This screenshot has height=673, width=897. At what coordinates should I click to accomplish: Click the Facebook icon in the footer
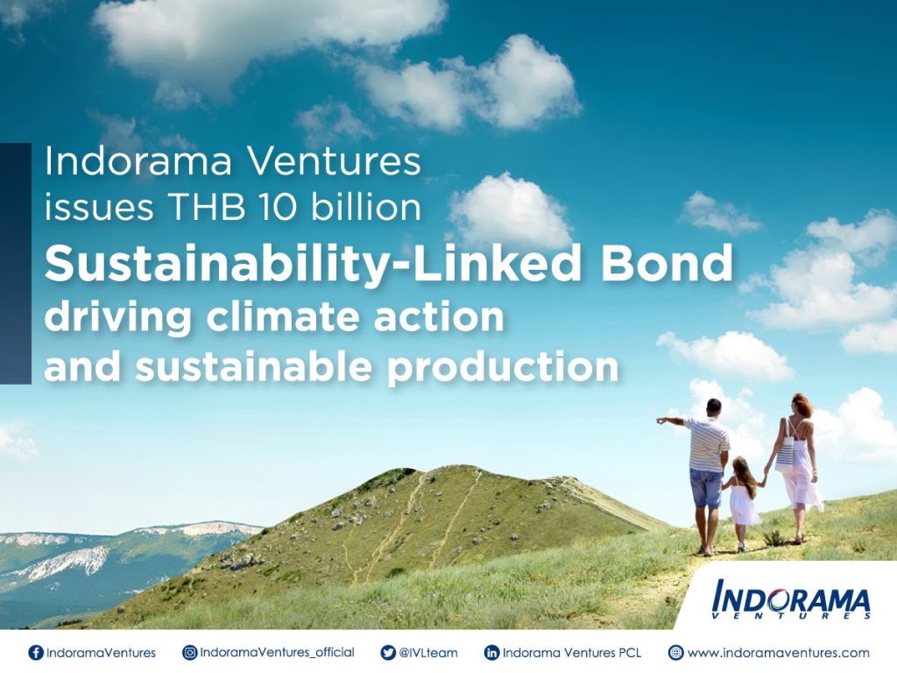click(x=35, y=652)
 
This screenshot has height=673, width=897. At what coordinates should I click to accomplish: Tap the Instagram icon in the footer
click(x=189, y=652)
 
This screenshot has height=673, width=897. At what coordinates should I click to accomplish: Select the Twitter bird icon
click(x=388, y=652)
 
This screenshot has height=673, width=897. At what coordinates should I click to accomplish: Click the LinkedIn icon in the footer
click(x=491, y=652)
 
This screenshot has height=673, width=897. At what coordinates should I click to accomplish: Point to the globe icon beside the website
click(x=675, y=652)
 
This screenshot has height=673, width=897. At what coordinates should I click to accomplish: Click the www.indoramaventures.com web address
click(x=778, y=653)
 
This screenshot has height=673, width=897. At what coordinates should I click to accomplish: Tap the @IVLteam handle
click(x=427, y=653)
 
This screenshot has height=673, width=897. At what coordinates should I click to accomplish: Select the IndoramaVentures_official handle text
click(x=277, y=653)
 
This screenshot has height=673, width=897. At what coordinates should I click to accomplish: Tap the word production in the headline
click(x=503, y=367)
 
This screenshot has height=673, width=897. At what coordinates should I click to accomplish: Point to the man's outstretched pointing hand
click(x=662, y=421)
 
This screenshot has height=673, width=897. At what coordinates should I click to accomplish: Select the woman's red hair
click(x=802, y=405)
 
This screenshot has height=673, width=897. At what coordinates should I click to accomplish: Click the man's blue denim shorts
click(x=707, y=488)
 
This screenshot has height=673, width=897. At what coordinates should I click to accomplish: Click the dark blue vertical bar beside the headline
click(x=16, y=263)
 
